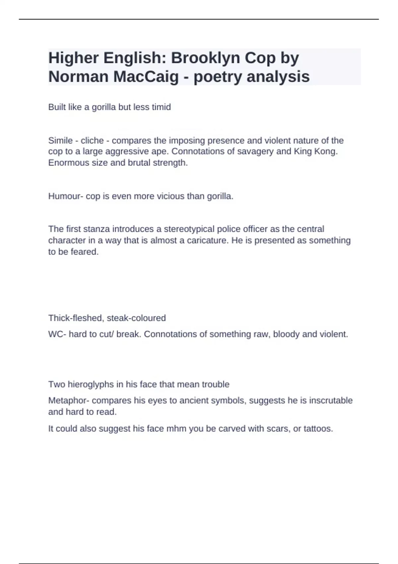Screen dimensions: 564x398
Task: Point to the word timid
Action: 161,107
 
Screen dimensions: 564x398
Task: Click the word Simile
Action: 60,141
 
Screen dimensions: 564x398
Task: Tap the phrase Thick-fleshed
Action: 76,318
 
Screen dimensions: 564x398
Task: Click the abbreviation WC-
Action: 57,334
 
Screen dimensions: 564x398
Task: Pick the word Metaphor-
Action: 69,401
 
